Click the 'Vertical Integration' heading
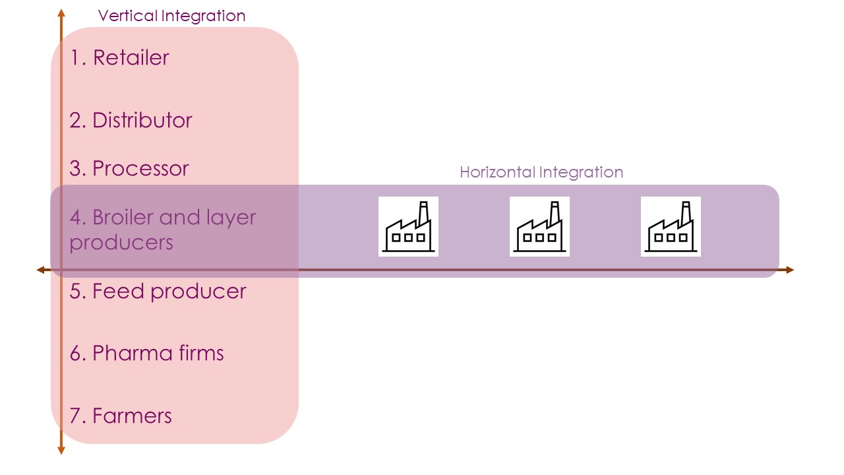point(171,16)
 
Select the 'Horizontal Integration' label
point(541,172)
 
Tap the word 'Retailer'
point(131,58)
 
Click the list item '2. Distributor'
point(131,120)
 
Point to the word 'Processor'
point(140,168)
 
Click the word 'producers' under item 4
point(121,242)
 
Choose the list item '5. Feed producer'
point(158,291)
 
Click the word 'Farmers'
point(132,416)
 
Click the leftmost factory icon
point(408,226)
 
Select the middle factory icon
point(539,226)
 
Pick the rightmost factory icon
point(671,226)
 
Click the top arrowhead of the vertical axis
point(61,13)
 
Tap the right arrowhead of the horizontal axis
point(790,270)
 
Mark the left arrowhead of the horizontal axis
point(40,270)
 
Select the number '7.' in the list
point(78,416)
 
